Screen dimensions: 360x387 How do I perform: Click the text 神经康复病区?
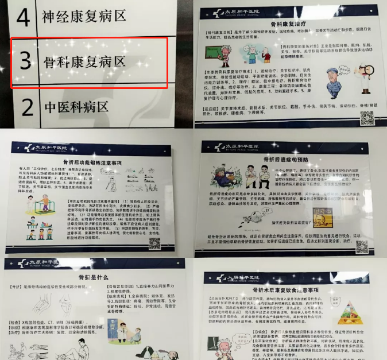pos(84,16)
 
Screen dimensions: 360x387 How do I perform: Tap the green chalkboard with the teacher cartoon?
pos(219,55)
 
